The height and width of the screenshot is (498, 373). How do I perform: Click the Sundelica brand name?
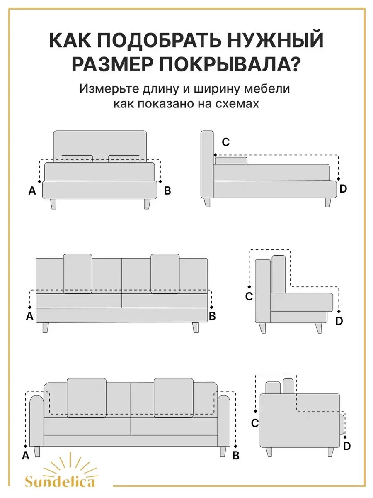[60, 481]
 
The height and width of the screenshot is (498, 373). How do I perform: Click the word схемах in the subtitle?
[237, 103]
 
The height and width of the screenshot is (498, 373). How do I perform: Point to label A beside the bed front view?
[32, 191]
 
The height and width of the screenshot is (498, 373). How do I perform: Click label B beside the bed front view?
[167, 191]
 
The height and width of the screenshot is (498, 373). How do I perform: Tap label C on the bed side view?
[225, 142]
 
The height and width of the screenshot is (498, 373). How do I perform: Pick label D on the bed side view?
[343, 189]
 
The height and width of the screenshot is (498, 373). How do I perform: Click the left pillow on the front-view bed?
[77, 159]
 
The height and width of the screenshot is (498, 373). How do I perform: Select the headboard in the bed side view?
[207, 164]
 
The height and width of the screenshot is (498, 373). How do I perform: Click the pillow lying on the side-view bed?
[231, 161]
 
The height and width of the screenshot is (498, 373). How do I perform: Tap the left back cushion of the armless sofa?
[78, 273]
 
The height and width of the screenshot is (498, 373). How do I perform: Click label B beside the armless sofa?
[212, 316]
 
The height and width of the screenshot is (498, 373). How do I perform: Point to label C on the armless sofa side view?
[249, 297]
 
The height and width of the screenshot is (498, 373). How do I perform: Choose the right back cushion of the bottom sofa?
[173, 397]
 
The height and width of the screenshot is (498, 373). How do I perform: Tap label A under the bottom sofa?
[26, 456]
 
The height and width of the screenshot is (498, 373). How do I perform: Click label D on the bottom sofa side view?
[347, 446]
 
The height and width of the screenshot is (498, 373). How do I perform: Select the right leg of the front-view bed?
[147, 204]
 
